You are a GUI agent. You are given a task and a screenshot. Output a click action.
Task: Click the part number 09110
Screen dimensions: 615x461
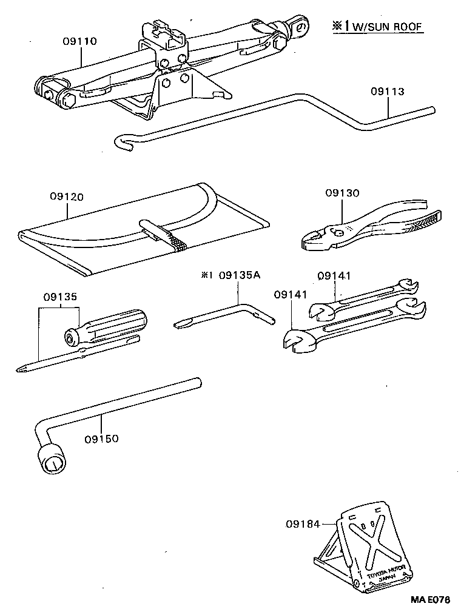(79, 41)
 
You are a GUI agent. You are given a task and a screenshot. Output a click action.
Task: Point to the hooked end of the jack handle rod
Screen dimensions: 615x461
(121, 142)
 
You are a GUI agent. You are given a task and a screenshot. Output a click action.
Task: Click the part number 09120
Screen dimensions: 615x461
(67, 197)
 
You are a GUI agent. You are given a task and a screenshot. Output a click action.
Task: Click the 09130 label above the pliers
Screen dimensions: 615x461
(342, 193)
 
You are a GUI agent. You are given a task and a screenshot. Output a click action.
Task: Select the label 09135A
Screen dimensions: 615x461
(240, 275)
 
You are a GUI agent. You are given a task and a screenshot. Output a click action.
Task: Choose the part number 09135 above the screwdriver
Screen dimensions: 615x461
(59, 298)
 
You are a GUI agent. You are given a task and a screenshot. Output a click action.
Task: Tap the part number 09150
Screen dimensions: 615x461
(102, 438)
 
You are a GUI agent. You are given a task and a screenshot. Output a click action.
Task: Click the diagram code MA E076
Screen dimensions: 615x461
(430, 599)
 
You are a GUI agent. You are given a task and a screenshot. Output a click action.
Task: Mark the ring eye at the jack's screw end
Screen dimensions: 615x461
(298, 26)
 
